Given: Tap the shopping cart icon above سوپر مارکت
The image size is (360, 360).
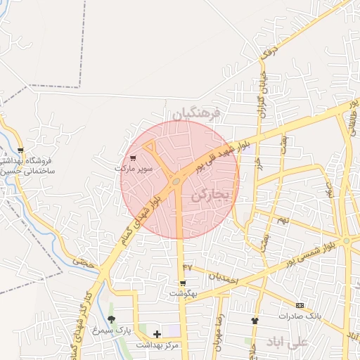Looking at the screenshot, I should point(133,159).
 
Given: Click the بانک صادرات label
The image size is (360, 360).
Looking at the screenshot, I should point(300,316).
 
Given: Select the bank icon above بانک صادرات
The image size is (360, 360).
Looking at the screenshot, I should point(300,305).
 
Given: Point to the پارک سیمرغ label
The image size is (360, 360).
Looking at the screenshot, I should point(114,330).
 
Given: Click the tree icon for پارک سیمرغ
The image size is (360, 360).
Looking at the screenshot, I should point(111,319).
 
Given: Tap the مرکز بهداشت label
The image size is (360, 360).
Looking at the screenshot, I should point(157,345).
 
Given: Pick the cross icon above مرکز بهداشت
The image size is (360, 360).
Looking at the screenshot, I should point(156,334).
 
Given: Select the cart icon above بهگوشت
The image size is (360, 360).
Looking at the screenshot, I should point(183,283).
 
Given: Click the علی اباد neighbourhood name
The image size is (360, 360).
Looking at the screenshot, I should point(289,342).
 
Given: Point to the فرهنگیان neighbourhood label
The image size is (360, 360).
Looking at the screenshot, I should point(197,112).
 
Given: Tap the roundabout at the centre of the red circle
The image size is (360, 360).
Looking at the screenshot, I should point(176,181).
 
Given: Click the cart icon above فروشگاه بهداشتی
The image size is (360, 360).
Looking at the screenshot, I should point(21,150).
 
